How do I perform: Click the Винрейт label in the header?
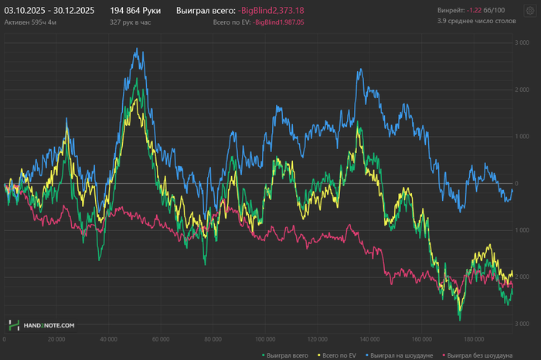[x=451, y=11]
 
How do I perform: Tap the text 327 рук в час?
[x=132, y=23]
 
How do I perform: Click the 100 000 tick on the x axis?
[x=265, y=338]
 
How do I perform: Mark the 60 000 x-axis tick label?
[x=161, y=338]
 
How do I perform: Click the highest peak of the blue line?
[x=137, y=49]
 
